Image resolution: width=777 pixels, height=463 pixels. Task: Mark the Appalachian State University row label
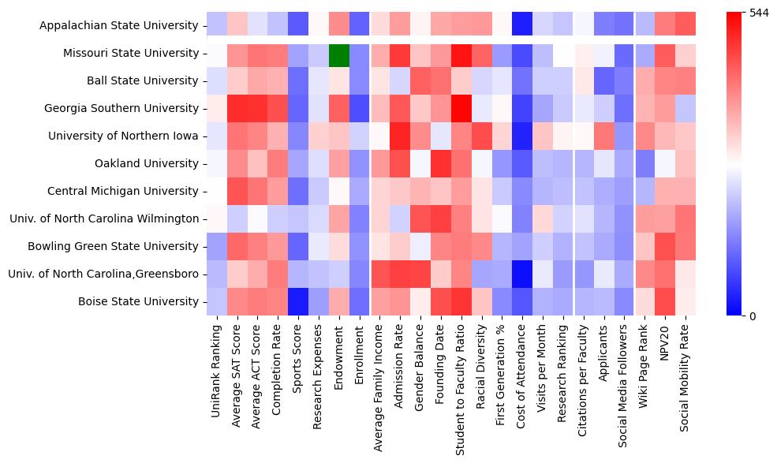pos(119,26)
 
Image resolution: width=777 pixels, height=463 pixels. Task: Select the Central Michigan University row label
pos(123,192)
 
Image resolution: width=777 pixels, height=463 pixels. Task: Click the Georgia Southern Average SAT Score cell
pos(237,109)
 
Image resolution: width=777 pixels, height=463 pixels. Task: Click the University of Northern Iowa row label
pos(123,136)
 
